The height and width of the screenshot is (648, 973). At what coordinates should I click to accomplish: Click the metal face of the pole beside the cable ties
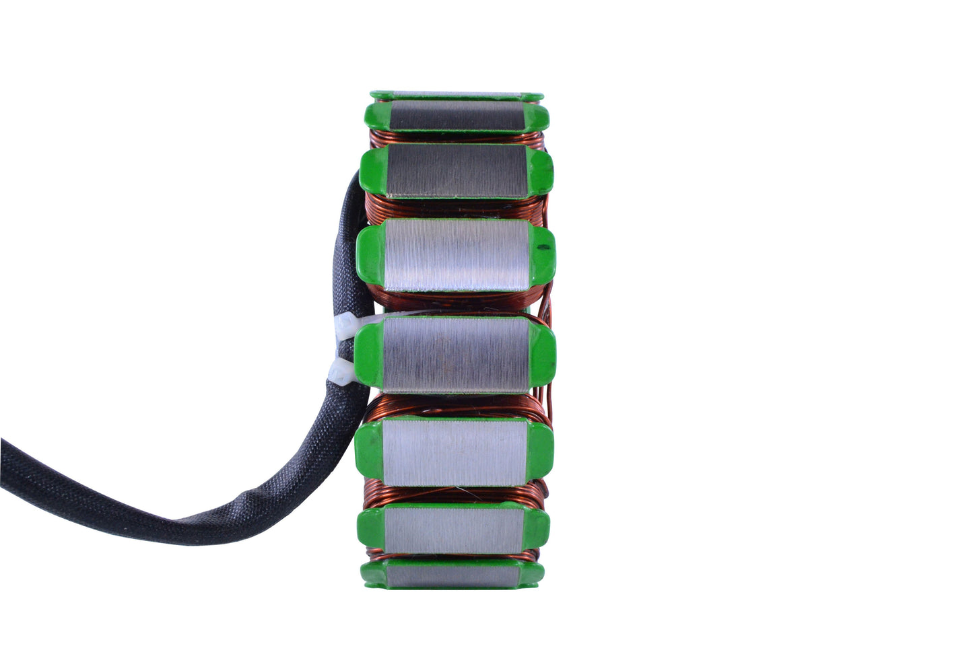tap(455, 355)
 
